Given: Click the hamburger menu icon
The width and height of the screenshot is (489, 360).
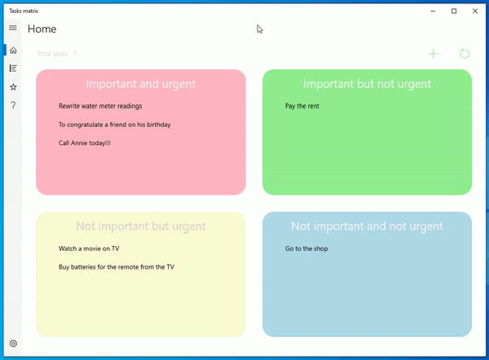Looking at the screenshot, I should [x=12, y=29].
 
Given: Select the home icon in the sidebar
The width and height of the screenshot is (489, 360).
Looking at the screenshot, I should [x=12, y=50].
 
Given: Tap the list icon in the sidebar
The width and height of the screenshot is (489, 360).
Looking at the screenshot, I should [x=12, y=68].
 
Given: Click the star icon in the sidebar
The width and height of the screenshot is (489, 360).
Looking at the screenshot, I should [x=12, y=86].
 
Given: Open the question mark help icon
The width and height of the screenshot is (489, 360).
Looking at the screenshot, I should [x=12, y=105].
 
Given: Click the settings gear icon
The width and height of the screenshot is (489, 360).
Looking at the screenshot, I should [x=12, y=344].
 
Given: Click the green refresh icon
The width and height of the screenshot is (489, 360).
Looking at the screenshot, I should [x=465, y=54].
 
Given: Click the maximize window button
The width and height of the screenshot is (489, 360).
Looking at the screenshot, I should [x=454, y=11].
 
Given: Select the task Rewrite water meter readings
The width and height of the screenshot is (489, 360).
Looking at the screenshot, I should [x=100, y=106].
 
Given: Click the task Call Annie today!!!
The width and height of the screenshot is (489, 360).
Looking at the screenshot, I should [x=85, y=143].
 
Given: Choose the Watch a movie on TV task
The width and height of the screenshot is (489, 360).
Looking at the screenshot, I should [x=89, y=248].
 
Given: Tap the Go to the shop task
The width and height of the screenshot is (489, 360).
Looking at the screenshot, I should [x=306, y=248].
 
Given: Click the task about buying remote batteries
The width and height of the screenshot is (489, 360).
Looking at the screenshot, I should [x=117, y=267].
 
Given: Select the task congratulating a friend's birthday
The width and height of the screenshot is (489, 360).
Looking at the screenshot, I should [x=114, y=125].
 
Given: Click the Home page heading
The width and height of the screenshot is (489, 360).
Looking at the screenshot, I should [x=42, y=29].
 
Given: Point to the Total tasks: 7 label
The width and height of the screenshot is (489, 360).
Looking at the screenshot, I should [x=57, y=54].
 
